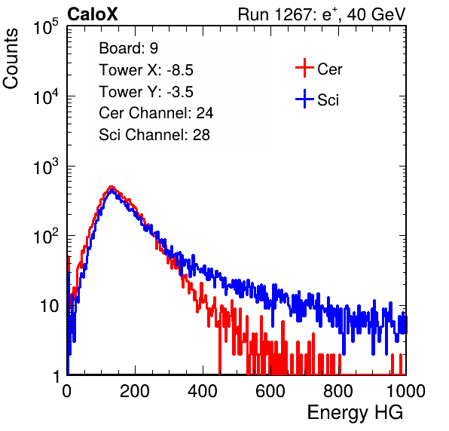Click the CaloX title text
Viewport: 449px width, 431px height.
[92, 14]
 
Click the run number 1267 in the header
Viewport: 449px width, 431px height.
[292, 14]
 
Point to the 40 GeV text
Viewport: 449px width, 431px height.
[376, 14]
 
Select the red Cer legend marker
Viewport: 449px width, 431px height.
[304, 68]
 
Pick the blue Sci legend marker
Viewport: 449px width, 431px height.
[304, 99]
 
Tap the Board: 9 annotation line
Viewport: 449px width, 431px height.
[128, 48]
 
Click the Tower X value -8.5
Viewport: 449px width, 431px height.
[180, 70]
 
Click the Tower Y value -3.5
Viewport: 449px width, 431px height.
[180, 92]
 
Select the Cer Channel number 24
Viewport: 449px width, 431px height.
[204, 113]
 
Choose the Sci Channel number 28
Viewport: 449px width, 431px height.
[201, 135]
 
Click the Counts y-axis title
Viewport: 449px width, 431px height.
[11, 59]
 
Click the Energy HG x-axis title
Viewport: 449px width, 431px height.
[355, 413]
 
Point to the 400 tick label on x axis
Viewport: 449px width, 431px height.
[203, 391]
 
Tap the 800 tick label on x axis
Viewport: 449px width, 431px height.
[338, 391]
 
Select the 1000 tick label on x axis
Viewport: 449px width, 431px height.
[405, 391]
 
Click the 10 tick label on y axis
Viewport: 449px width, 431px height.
[49, 306]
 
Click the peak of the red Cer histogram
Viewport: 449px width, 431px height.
[111, 187]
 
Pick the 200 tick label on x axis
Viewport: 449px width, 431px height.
[135, 391]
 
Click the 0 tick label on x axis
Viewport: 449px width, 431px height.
[67, 391]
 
